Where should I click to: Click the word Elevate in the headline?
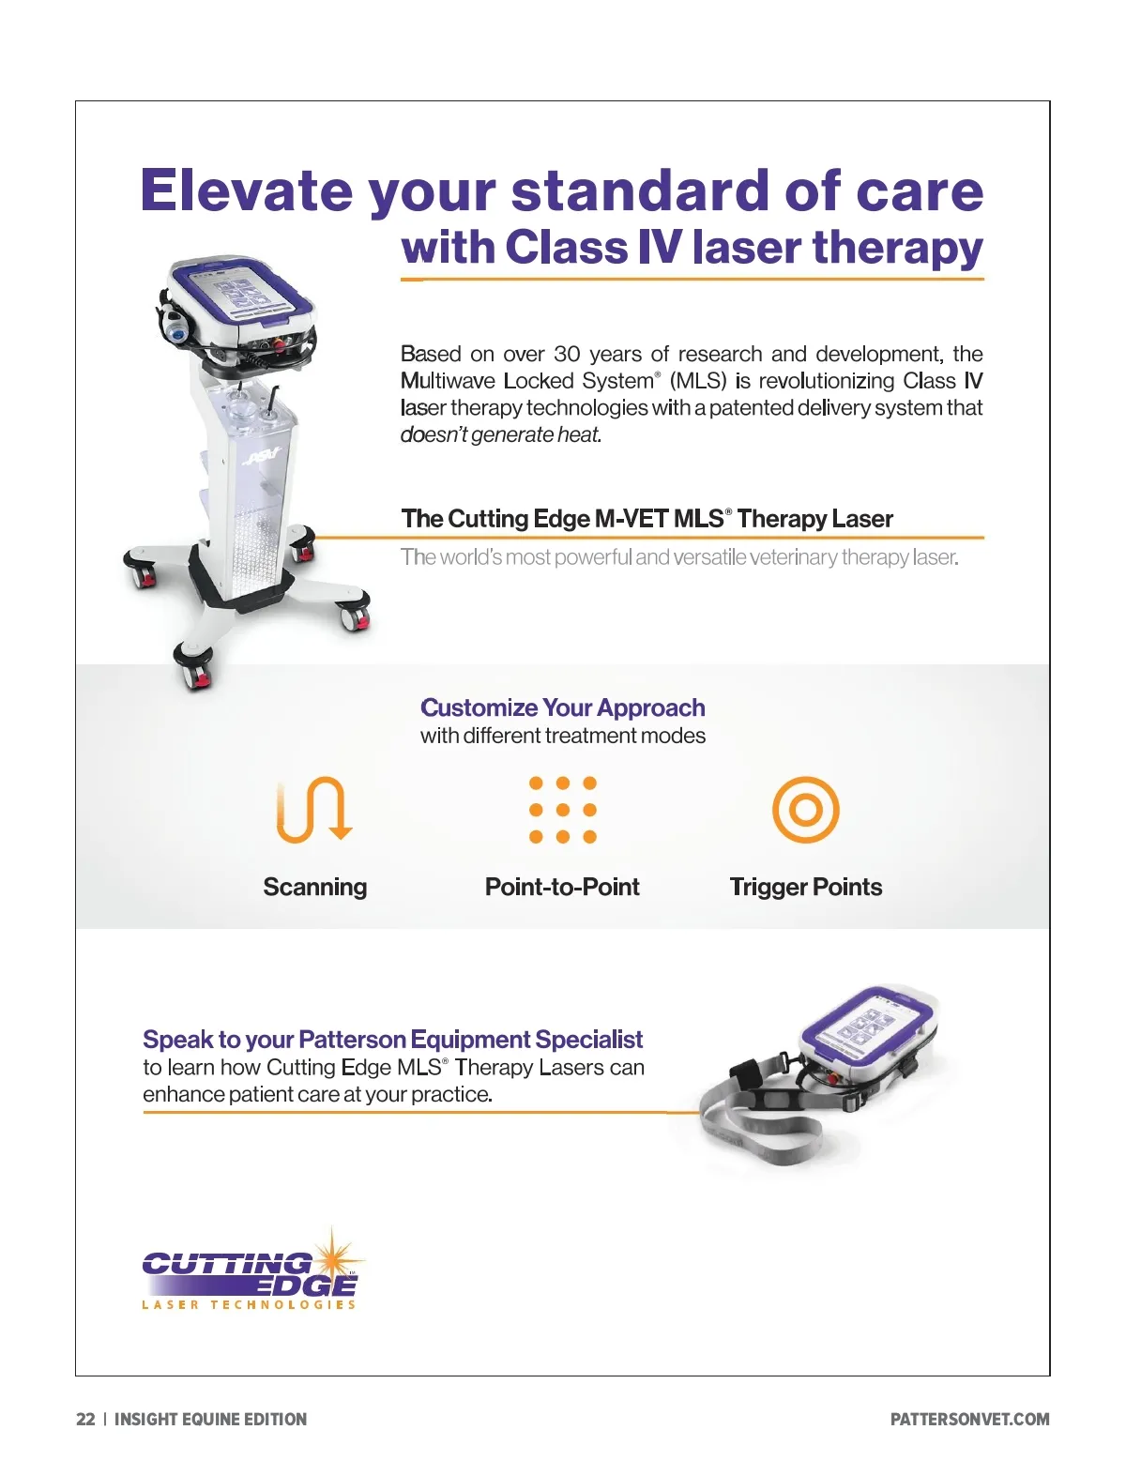(x=247, y=190)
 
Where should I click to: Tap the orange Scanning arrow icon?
(x=313, y=810)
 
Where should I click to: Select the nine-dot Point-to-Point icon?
(x=563, y=810)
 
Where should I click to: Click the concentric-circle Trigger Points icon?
(x=805, y=810)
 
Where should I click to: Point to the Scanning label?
(x=315, y=887)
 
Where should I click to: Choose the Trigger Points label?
(x=805, y=887)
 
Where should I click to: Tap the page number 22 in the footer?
(x=85, y=1419)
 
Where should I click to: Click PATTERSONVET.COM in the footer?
(x=969, y=1419)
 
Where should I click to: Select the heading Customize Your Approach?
(x=563, y=707)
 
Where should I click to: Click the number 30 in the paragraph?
(x=567, y=354)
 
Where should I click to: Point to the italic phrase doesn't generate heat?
(x=500, y=434)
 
